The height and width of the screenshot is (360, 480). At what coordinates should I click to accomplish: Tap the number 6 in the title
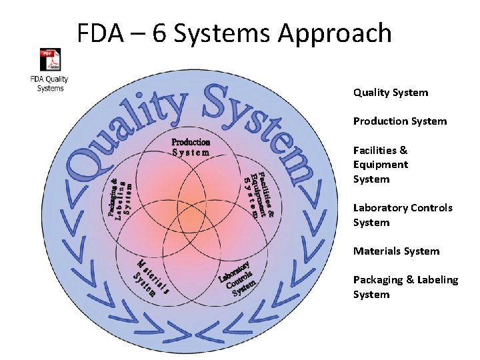tap(159, 33)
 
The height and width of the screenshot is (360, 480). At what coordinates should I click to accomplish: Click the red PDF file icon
tap(49, 60)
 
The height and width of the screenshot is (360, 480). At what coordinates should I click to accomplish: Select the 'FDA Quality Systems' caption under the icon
tap(50, 84)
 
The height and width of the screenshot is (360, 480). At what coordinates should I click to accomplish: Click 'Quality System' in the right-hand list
tap(391, 93)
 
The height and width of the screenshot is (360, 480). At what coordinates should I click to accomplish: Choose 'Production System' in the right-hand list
tap(400, 121)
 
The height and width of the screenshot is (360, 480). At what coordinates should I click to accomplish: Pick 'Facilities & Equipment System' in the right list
tap(381, 165)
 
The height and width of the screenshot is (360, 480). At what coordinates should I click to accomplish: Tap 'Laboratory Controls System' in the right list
tap(403, 215)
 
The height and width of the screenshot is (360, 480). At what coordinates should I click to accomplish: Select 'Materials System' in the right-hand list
tap(396, 251)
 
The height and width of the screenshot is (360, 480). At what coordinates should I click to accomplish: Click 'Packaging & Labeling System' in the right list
tap(405, 287)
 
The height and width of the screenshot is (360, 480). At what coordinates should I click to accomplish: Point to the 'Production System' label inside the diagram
tap(191, 147)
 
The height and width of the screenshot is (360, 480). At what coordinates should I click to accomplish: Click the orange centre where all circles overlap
tap(191, 217)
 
